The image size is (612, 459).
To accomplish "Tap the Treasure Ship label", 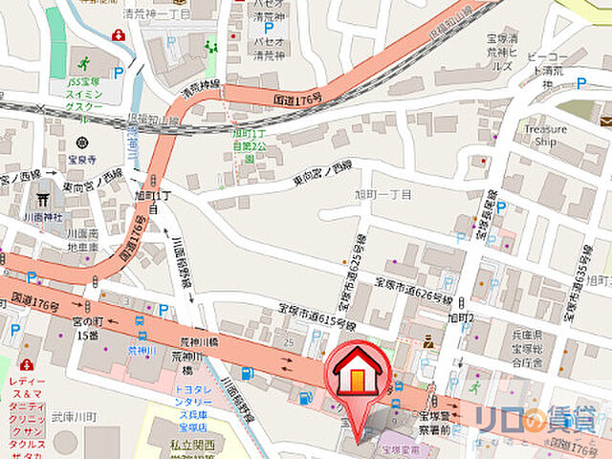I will (x=545, y=135).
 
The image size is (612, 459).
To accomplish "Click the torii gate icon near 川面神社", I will (x=41, y=201).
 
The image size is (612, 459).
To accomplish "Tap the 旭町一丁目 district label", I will (x=383, y=194).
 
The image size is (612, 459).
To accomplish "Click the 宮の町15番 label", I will (x=88, y=328).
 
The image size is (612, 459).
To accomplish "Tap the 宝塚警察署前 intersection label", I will (x=441, y=422).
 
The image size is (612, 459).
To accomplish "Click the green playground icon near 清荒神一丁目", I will (x=210, y=45).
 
